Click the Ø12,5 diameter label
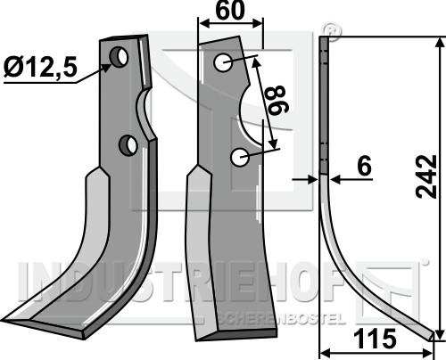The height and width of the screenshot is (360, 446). [x=41, y=67]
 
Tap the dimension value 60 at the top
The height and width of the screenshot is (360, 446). [x=230, y=11]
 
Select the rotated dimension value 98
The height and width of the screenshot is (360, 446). [x=277, y=100]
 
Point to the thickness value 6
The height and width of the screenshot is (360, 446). [x=365, y=166]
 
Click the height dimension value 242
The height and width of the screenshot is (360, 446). [x=426, y=176]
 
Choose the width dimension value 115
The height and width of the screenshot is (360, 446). [x=376, y=339]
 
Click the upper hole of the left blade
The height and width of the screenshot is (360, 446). [x=120, y=57]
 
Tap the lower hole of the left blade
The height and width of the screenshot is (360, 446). [x=128, y=145]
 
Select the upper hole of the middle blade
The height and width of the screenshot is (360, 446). [x=223, y=62]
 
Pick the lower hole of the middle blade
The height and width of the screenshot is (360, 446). [x=240, y=158]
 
